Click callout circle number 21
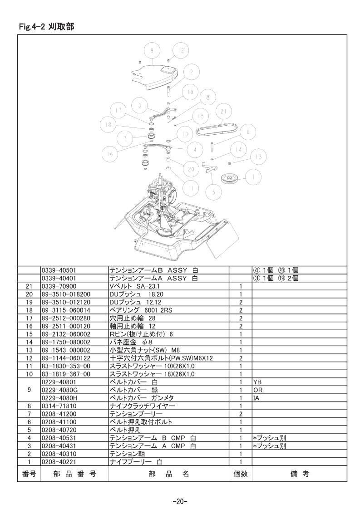click(x=223, y=111)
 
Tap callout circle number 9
click(x=153, y=51)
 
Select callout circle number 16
click(x=110, y=153)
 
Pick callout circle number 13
click(x=259, y=157)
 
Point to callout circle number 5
click(x=213, y=192)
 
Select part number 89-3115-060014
click(x=66, y=310)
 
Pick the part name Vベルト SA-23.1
click(x=134, y=286)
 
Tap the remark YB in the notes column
click(x=257, y=382)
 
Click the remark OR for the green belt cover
click(x=258, y=390)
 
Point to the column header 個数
click(x=241, y=474)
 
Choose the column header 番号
click(x=29, y=474)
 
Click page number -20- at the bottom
click(x=180, y=502)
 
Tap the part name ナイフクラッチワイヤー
click(x=142, y=406)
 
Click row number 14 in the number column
click(x=29, y=342)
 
